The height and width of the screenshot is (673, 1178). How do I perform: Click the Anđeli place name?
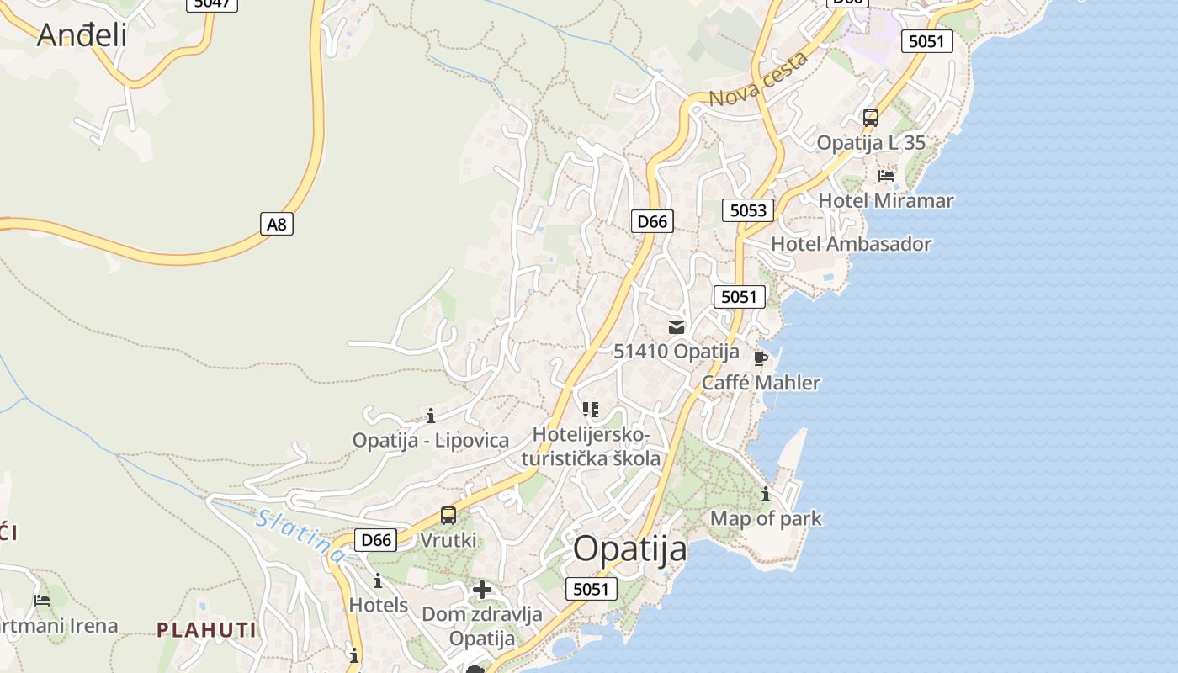[82, 34]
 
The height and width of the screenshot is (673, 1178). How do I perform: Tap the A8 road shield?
[277, 224]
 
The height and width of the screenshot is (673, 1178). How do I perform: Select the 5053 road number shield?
[748, 210]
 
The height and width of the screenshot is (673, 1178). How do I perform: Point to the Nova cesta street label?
[758, 79]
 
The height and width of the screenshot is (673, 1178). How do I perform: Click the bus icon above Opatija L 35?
[871, 118]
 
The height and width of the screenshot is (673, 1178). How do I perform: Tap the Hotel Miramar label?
[886, 200]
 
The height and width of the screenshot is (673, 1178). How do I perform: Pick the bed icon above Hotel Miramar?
[886, 176]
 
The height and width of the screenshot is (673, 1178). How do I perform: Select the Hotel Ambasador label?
[852, 244]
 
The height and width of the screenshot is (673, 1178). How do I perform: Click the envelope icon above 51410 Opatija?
[677, 327]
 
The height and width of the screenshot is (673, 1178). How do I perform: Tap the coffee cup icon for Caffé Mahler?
[761, 359]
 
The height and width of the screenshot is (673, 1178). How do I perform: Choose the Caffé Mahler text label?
[761, 383]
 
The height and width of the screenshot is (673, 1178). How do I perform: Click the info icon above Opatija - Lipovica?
[431, 416]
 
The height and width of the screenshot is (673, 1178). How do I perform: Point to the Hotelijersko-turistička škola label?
[591, 447]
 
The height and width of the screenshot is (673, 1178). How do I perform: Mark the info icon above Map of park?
[766, 494]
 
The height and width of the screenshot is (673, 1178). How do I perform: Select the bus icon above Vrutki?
[448, 516]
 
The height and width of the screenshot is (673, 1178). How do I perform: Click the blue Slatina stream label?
[301, 537]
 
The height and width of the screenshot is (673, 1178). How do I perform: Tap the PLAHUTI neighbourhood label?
[206, 629]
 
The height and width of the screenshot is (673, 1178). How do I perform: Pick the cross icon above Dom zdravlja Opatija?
[482, 590]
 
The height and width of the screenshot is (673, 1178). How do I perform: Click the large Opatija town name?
[630, 549]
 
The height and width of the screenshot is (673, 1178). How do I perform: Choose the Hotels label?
[379, 605]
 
